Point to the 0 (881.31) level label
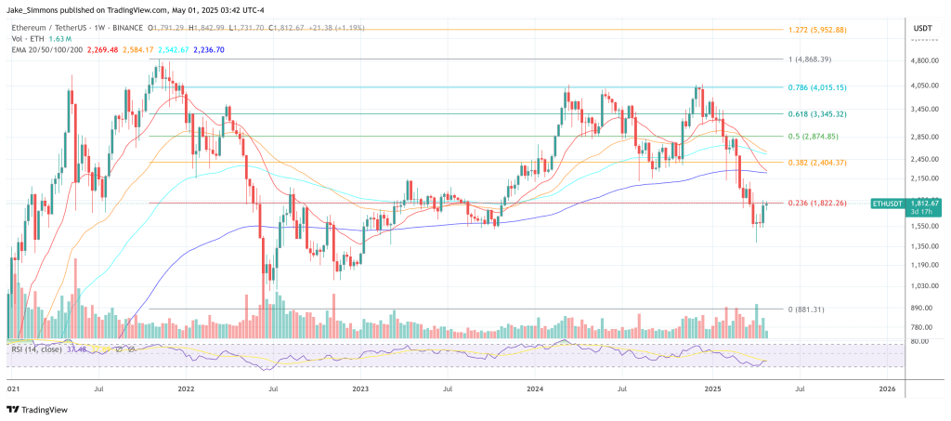(x=805, y=309)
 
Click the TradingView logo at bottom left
(x=35, y=409)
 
